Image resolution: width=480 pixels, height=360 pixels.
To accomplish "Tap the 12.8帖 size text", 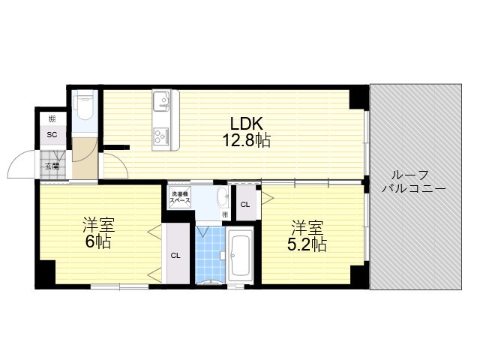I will tap(245, 140).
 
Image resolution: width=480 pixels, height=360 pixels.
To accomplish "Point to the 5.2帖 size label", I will tap(307, 244).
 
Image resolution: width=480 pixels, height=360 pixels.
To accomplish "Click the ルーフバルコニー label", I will tap(414, 181).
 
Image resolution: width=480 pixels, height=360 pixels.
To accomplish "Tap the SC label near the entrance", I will tap(52, 135).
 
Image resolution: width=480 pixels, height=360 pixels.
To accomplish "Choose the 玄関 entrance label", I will tap(52, 166).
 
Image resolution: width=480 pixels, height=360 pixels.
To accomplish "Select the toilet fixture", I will tap(83, 109).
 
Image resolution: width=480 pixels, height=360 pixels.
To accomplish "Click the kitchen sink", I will tap(162, 100).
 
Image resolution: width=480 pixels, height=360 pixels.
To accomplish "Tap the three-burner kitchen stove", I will tap(162, 135).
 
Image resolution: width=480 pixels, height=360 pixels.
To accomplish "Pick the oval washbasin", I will tap(223, 198).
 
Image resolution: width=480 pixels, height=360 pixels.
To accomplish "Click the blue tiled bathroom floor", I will tap(210, 255).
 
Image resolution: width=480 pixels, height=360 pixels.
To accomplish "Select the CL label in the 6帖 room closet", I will tap(175, 256).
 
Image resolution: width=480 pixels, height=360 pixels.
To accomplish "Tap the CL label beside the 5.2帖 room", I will tap(244, 203).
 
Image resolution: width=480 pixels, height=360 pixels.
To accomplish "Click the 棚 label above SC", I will tap(52, 119).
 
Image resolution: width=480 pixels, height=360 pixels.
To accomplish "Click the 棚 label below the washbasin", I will tap(224, 215).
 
